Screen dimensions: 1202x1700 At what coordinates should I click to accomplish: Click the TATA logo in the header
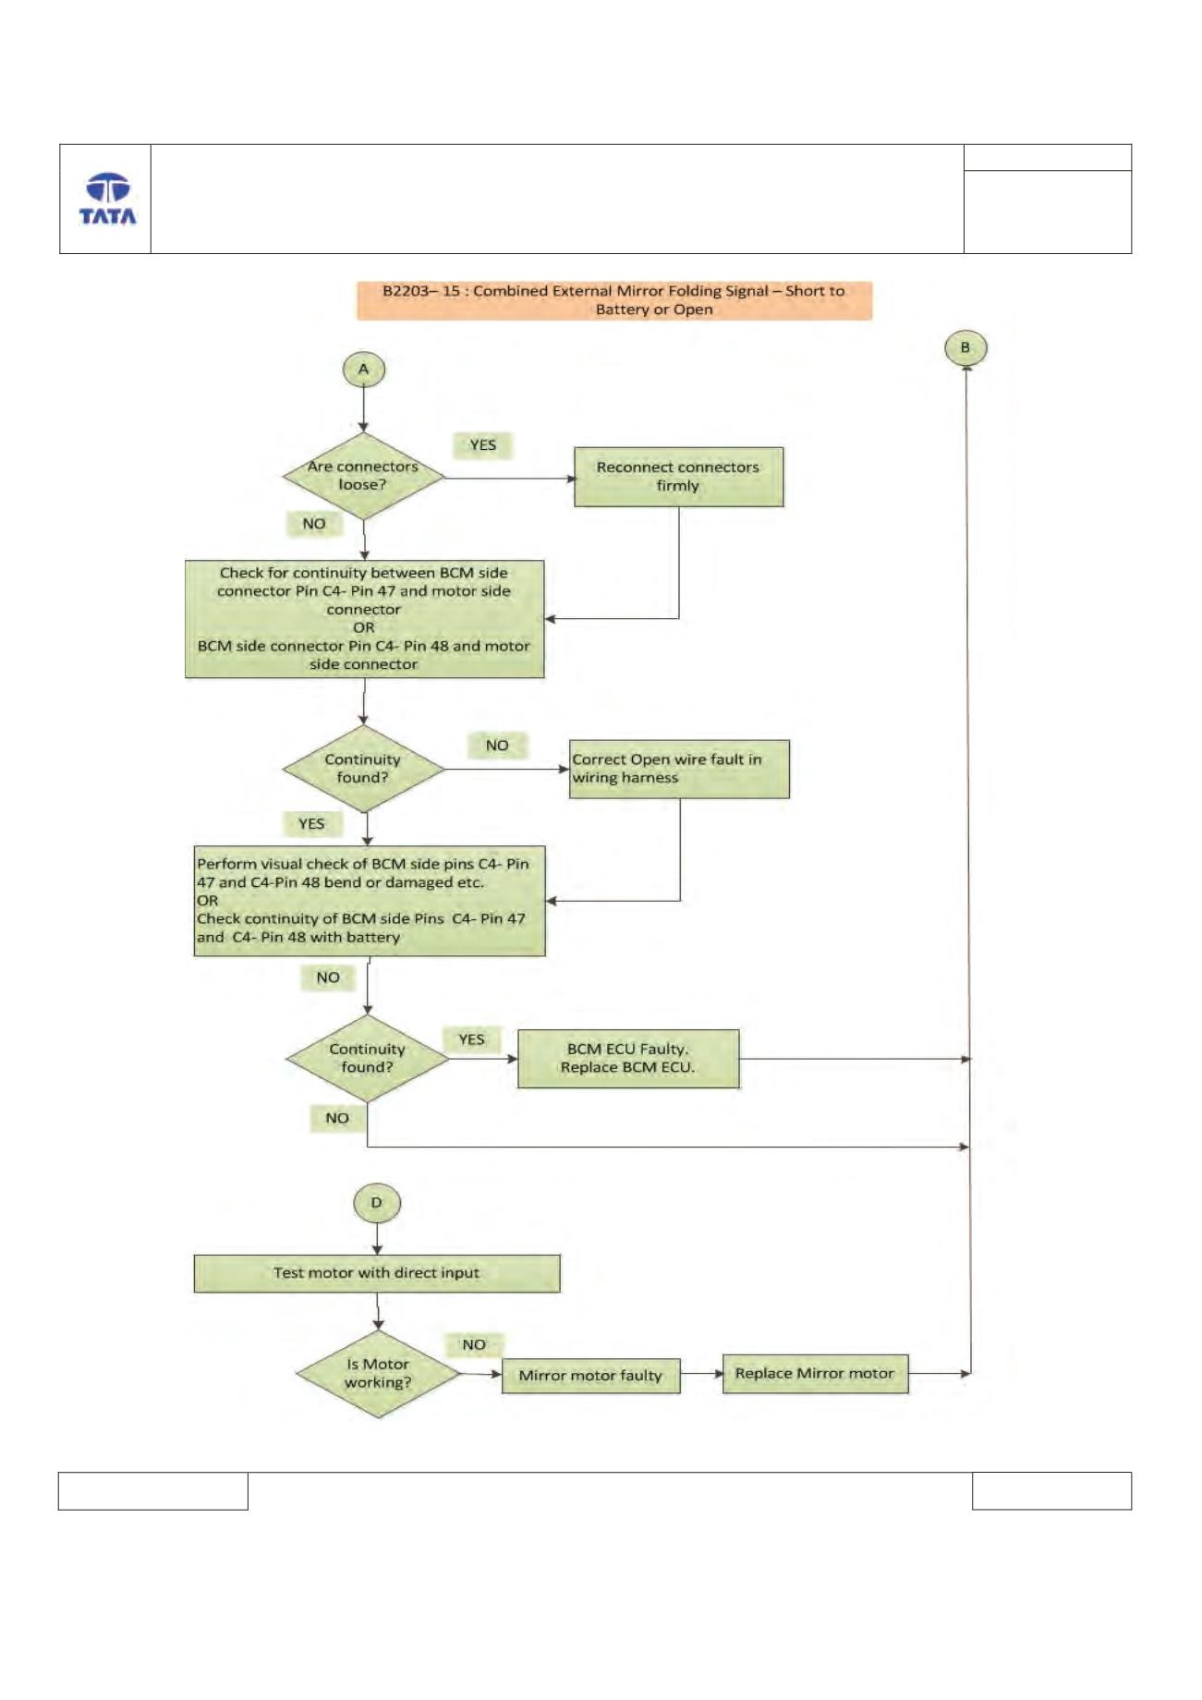[107, 199]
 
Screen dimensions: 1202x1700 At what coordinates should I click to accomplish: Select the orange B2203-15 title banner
[614, 300]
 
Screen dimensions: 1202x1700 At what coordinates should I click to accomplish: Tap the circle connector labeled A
[364, 370]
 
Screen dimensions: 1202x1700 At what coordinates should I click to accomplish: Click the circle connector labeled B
[966, 348]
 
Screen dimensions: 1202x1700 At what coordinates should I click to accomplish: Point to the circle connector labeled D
[376, 1203]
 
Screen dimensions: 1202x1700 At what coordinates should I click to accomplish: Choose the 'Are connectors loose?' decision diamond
[363, 476]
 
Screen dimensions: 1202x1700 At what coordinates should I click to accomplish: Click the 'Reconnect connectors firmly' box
[678, 477]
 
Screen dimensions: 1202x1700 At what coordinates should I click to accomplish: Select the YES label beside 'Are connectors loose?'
[482, 445]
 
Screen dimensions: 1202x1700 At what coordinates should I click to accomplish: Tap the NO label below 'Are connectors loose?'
[314, 524]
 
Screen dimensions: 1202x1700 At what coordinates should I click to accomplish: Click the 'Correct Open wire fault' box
[679, 769]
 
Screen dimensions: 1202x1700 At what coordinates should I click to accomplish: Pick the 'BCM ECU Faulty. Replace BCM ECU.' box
[628, 1059]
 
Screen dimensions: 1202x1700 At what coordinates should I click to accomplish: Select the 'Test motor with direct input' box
[377, 1273]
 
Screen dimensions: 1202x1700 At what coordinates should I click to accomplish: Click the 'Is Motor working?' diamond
[378, 1374]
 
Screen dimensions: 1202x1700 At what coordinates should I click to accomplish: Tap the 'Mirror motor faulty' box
[590, 1376]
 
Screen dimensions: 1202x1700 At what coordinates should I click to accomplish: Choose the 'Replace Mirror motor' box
[815, 1374]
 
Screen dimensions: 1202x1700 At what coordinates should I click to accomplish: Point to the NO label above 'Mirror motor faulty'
[474, 1345]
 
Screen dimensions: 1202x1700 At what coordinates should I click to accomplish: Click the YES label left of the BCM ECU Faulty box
[471, 1039]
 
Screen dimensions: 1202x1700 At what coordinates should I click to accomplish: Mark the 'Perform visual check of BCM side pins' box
[370, 901]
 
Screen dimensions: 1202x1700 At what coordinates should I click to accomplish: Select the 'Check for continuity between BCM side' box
[364, 619]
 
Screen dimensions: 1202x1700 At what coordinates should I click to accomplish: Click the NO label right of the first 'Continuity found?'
[497, 746]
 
